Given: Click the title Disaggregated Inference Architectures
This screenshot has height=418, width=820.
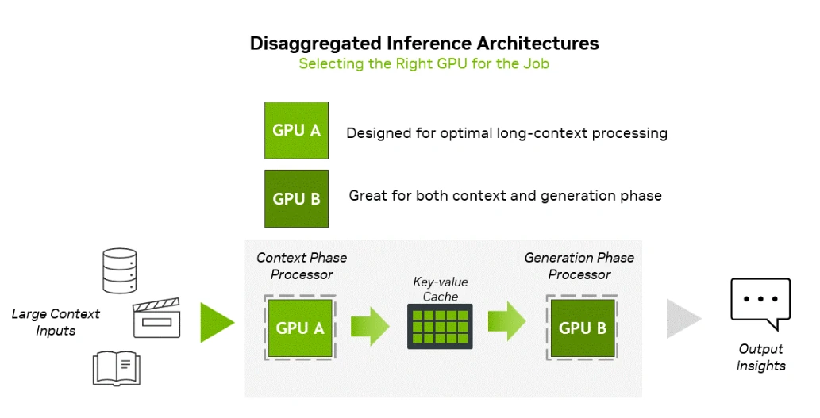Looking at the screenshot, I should pos(424,43).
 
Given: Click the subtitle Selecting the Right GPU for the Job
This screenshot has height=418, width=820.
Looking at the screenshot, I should pos(424,63).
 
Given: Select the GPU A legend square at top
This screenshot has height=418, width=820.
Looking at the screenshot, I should pos(296,130).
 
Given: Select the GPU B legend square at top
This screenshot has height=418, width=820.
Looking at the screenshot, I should pos(296,198).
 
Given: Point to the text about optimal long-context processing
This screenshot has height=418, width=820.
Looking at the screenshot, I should pos(506,133).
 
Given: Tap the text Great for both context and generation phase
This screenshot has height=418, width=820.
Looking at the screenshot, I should pos(505,195).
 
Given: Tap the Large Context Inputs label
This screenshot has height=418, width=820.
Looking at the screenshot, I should pos(56,322).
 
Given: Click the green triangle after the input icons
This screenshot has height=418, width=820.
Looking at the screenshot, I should pos(216,322).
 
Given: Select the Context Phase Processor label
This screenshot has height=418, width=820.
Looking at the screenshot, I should pos(302,267).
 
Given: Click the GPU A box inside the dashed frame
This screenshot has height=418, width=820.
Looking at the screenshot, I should pos(300,328).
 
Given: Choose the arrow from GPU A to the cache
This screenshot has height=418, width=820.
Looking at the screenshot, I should pos(370,324).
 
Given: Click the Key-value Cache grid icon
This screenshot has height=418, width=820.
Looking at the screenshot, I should pos(440,326).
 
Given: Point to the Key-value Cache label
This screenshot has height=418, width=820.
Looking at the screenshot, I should pos(441,289).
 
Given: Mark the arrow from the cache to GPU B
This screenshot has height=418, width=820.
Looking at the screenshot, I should pos(506,322).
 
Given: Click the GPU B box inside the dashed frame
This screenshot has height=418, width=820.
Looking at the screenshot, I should pos(582,328).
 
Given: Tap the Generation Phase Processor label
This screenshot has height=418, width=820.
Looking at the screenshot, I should pos(579,267).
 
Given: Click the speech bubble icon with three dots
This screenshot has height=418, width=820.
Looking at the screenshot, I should pos(760,303).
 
